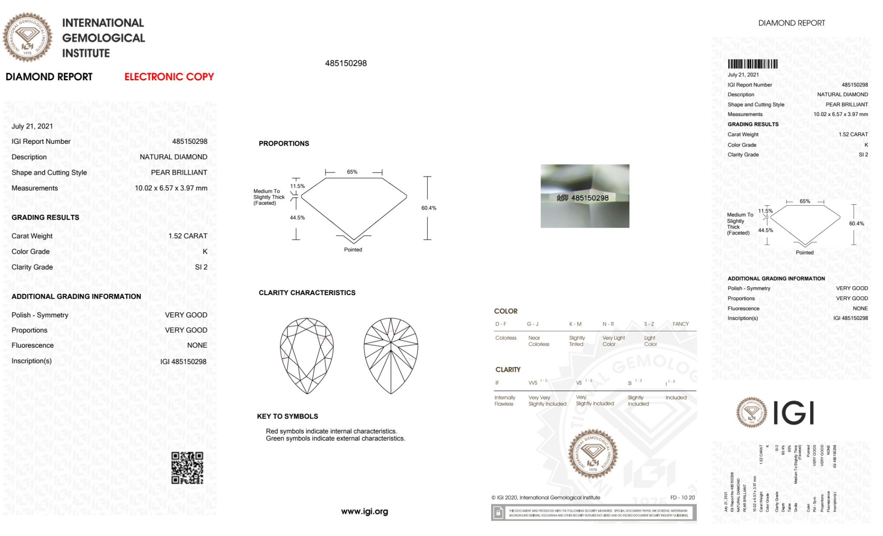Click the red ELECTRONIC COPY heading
point(169,77)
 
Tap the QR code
point(187,468)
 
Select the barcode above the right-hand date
point(752,64)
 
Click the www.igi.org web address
point(364,511)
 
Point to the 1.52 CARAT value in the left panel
point(188,236)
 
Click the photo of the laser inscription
point(585,196)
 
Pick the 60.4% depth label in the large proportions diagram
point(428,208)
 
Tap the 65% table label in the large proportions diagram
point(352,172)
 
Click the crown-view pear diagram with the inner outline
point(307,355)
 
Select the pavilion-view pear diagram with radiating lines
point(391,355)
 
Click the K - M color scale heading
point(575,324)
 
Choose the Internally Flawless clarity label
point(504,401)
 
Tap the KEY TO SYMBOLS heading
point(287,416)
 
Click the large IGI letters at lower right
point(794,413)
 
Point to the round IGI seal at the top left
point(27,37)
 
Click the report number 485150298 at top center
point(346,63)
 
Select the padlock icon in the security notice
point(498,513)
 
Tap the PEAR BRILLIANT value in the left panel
point(179,172)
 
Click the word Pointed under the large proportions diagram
point(353,250)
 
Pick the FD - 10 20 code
point(682,498)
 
